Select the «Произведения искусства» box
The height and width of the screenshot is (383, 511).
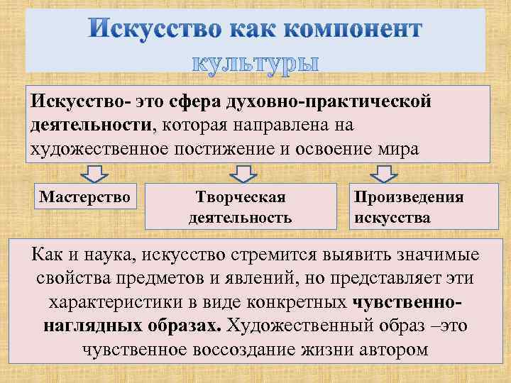[408, 206]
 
